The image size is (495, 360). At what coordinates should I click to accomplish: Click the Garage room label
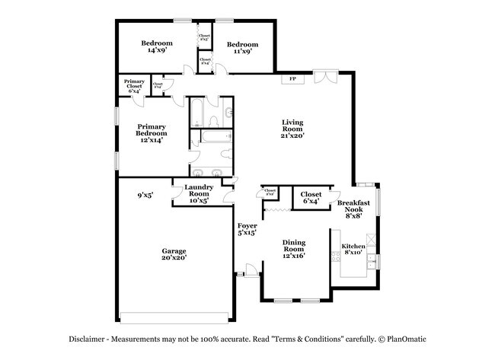click(173, 250)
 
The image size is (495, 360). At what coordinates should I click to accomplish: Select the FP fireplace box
click(292, 78)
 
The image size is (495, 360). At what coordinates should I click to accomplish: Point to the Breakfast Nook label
click(353, 209)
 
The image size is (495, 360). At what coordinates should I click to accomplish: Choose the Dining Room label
click(293, 247)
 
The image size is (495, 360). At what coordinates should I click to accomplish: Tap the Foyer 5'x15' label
click(247, 230)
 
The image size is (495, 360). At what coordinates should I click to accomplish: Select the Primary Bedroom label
click(151, 133)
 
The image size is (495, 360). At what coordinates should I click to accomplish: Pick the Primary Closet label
click(135, 84)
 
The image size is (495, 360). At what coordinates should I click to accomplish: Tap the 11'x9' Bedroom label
click(241, 47)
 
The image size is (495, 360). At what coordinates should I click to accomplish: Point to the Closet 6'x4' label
click(311, 198)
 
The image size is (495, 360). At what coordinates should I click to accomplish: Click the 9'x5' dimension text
click(145, 195)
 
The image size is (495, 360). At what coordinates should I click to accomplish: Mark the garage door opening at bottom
click(174, 317)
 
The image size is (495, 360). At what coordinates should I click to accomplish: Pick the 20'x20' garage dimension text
click(173, 258)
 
